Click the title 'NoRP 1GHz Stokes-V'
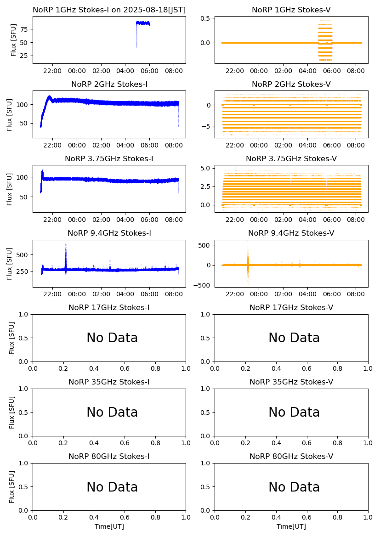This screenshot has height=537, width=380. point(291,10)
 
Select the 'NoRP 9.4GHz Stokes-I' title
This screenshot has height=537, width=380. point(109,233)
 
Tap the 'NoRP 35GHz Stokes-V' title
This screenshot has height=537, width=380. point(291,382)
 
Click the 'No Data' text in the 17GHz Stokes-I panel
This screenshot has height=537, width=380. point(112,338)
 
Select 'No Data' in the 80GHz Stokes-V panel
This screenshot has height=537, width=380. point(294,487)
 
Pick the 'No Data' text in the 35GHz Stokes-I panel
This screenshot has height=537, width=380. point(112,413)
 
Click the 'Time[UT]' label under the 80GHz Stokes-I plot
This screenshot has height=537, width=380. point(109,526)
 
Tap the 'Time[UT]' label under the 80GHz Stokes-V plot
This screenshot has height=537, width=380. point(291,526)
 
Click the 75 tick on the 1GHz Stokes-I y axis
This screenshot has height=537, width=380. point(24,29)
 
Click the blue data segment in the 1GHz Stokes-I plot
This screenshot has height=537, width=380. point(143,23)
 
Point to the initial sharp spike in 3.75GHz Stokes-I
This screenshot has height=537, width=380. point(42,174)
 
